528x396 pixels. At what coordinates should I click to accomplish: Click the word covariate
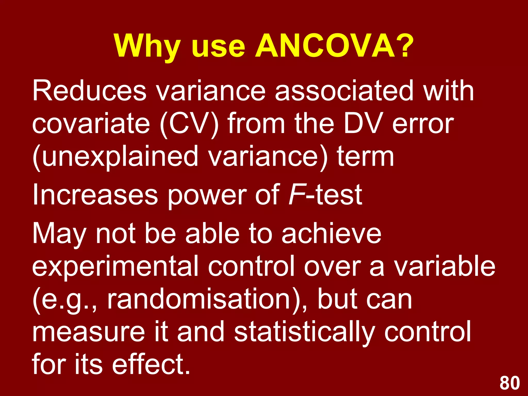point(91,123)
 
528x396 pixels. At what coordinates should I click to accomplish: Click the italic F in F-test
point(296,195)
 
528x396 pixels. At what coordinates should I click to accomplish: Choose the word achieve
point(331,233)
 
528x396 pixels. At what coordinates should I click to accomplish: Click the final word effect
point(151,364)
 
